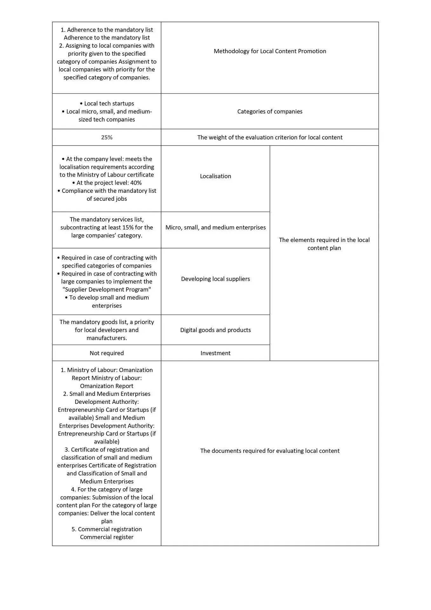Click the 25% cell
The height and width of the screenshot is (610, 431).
click(x=107, y=137)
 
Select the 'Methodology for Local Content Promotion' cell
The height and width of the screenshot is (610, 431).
click(x=270, y=51)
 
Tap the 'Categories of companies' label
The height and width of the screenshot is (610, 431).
click(x=270, y=112)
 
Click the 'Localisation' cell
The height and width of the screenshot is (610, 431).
click(x=215, y=176)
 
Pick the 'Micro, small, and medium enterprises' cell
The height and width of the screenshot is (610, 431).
click(x=215, y=227)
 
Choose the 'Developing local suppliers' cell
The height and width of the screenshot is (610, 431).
click(x=215, y=279)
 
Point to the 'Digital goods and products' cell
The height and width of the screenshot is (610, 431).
click(x=215, y=330)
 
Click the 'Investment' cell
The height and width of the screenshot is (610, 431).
click(x=215, y=353)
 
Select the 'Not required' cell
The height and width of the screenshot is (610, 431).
click(x=107, y=353)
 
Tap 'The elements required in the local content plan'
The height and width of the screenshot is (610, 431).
click(x=324, y=244)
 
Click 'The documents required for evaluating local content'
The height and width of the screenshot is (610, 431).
click(x=270, y=451)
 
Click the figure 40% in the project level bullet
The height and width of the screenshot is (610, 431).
click(x=136, y=183)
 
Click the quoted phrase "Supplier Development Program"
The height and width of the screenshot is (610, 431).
click(x=107, y=289)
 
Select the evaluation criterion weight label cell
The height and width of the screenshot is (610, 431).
click(x=270, y=137)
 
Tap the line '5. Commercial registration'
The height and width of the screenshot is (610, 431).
click(x=107, y=529)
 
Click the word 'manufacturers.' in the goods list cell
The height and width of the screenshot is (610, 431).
click(x=107, y=338)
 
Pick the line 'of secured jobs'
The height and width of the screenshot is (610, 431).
click(x=107, y=199)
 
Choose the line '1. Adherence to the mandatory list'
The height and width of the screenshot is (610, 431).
click(x=107, y=30)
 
